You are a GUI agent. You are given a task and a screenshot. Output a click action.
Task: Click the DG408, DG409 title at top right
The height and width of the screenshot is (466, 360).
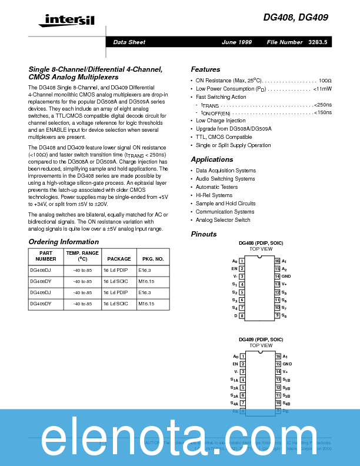point(296,18)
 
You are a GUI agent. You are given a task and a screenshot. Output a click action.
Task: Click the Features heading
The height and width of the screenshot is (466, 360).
point(205,69)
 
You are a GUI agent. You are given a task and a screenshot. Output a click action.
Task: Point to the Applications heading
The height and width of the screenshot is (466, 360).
point(212,159)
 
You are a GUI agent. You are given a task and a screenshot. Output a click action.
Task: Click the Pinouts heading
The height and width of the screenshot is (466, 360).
point(204,234)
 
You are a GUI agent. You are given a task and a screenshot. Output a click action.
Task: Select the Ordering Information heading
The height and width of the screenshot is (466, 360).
point(64,242)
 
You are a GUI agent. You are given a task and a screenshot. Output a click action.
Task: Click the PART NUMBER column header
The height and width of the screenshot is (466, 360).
point(46,256)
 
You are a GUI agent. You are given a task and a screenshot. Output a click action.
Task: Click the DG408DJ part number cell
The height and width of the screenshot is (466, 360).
point(41,270)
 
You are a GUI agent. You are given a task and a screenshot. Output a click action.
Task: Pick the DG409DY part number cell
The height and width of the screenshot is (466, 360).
point(41,304)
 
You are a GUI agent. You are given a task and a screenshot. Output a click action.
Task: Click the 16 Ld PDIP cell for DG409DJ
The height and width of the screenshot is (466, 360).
point(115,292)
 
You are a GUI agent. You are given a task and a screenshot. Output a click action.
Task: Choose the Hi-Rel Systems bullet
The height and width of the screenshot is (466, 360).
point(214,195)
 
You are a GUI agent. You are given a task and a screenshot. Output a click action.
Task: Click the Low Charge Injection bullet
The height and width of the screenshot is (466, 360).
point(221,121)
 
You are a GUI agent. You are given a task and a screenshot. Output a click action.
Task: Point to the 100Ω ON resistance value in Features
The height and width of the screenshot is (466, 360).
point(325,79)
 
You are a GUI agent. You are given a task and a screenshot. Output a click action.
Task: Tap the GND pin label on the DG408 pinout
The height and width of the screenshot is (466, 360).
point(286,276)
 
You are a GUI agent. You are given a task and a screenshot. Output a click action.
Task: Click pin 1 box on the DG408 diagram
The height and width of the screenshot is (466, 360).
point(242,261)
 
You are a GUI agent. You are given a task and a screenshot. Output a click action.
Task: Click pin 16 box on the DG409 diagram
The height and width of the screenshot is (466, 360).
point(278,357)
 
